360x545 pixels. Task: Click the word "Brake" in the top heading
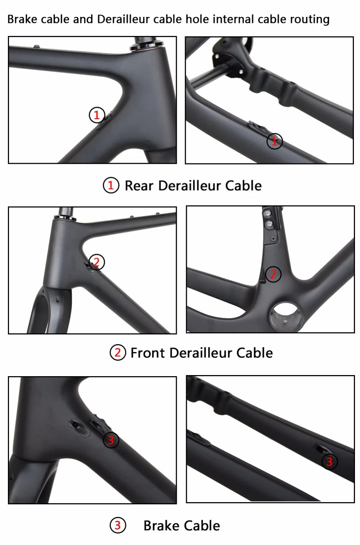22,19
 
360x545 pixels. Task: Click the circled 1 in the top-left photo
97,115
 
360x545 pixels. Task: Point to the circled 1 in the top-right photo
275,141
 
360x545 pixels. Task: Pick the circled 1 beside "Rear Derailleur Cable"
111,185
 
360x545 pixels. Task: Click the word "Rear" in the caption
139,186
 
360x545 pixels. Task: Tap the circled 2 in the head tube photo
96,262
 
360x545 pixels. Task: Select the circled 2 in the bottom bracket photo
273,274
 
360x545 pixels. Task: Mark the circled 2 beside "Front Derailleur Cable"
118,352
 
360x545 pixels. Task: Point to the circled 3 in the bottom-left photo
111,440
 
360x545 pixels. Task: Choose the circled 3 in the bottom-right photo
330,461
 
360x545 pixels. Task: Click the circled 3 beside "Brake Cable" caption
118,525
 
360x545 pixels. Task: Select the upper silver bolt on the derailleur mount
268,213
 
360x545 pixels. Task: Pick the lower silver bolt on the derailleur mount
269,223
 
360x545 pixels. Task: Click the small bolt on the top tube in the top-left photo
36,46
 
